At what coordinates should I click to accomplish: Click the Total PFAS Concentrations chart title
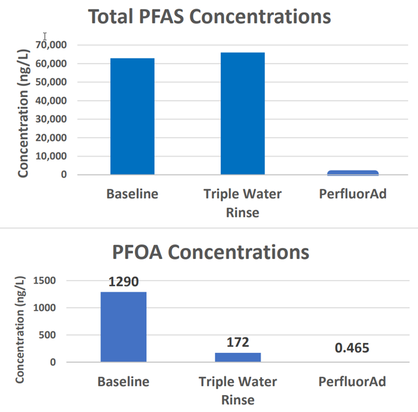coord(209,16)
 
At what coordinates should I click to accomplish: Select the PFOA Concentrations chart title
coord(210,253)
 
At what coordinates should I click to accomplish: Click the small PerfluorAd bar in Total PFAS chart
coord(353,172)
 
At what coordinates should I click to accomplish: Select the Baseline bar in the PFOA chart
coord(124,326)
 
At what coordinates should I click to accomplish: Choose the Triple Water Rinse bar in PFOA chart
coord(238,357)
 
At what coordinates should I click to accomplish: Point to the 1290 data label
coord(124,282)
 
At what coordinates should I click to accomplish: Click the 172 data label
coord(238,342)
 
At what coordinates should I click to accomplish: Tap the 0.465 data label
coord(352,348)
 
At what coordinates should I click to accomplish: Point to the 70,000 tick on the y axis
coord(51,45)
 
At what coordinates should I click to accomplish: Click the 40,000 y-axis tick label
coord(51,100)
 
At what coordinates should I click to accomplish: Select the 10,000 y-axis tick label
coord(51,156)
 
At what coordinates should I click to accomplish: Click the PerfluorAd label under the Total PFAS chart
coord(353,194)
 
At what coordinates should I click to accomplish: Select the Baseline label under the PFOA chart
coord(124,382)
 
